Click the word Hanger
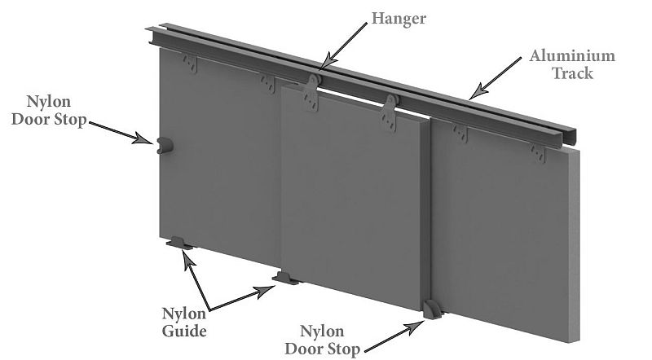click(x=399, y=19)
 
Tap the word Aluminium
click(x=572, y=55)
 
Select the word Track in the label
click(x=572, y=73)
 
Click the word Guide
click(x=184, y=331)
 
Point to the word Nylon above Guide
click(x=184, y=314)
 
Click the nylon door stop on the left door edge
click(x=165, y=146)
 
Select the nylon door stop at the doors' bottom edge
click(x=433, y=310)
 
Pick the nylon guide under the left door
click(x=179, y=244)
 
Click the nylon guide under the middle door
click(x=285, y=278)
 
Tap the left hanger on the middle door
click(x=311, y=93)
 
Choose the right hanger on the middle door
click(x=390, y=112)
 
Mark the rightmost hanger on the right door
click(x=538, y=153)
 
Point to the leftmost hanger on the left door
click(x=190, y=64)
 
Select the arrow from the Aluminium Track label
click(x=496, y=78)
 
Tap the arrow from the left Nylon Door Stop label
click(x=121, y=133)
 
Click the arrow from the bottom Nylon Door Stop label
click(x=394, y=336)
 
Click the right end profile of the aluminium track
click(x=569, y=137)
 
